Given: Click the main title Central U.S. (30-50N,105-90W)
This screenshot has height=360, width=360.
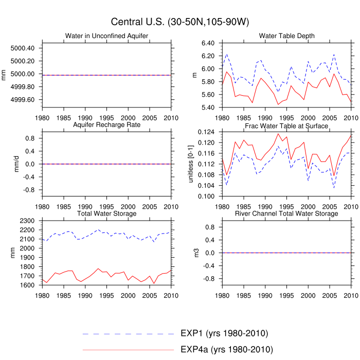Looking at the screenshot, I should pos(180,22).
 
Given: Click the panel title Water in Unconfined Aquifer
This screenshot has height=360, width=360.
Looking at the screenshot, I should pos(106,35).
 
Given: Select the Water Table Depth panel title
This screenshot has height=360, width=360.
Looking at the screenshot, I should pos(286,35).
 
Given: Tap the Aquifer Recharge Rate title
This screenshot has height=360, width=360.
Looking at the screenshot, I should pos(106,125).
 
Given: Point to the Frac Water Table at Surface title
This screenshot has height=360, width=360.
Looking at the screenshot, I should pos(286,125).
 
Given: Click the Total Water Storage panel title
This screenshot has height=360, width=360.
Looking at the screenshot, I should pos(106,213).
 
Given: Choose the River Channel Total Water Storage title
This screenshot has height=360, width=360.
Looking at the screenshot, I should pos(286,213).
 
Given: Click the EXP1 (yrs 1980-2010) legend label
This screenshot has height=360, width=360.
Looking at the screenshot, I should pos(224,333).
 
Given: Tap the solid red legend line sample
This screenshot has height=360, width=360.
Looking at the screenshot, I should pos(129,350).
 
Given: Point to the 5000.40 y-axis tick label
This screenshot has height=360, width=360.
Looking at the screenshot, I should pos(23,48).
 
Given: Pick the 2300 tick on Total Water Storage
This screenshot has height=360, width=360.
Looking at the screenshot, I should pos(28,221).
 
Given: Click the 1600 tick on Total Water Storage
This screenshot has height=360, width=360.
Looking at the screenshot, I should pos(28,285).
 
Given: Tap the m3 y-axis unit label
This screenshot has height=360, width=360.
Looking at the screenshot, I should pos(195,253).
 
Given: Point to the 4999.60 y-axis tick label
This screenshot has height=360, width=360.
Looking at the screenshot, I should pos(23,100).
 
